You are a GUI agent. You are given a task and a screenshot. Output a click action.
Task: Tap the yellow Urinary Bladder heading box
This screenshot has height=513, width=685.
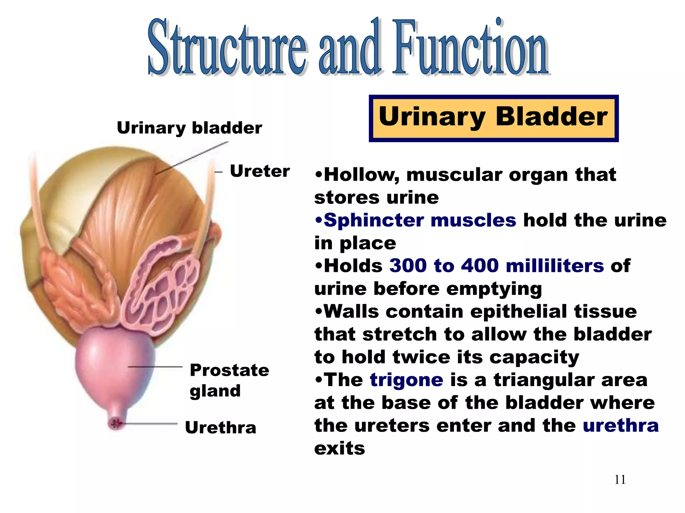point(493,118)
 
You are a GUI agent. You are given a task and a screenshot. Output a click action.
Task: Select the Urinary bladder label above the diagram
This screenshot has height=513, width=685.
point(189,128)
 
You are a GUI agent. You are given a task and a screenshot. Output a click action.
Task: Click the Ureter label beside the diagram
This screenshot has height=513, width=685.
point(260,171)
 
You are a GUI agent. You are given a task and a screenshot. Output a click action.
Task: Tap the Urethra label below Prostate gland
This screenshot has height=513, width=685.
point(220,427)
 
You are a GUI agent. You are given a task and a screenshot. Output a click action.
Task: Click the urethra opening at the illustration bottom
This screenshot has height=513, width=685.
point(116,424)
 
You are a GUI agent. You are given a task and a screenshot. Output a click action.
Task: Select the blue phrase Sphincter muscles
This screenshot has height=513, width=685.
point(420,220)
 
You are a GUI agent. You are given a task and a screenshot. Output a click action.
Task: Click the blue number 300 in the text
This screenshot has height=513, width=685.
point(408,266)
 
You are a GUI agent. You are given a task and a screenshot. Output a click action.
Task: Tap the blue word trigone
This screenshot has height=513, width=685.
point(406,380)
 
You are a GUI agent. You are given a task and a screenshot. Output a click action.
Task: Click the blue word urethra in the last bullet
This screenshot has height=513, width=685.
point(620,426)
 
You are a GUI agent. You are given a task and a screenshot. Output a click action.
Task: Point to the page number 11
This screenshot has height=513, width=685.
point(620,480)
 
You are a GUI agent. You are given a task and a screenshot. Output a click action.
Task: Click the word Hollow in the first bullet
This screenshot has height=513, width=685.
point(361,175)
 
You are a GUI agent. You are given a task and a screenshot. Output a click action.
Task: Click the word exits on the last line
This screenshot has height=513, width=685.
point(339,449)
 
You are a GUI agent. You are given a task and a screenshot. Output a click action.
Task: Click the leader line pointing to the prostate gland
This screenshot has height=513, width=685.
point(156,367)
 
